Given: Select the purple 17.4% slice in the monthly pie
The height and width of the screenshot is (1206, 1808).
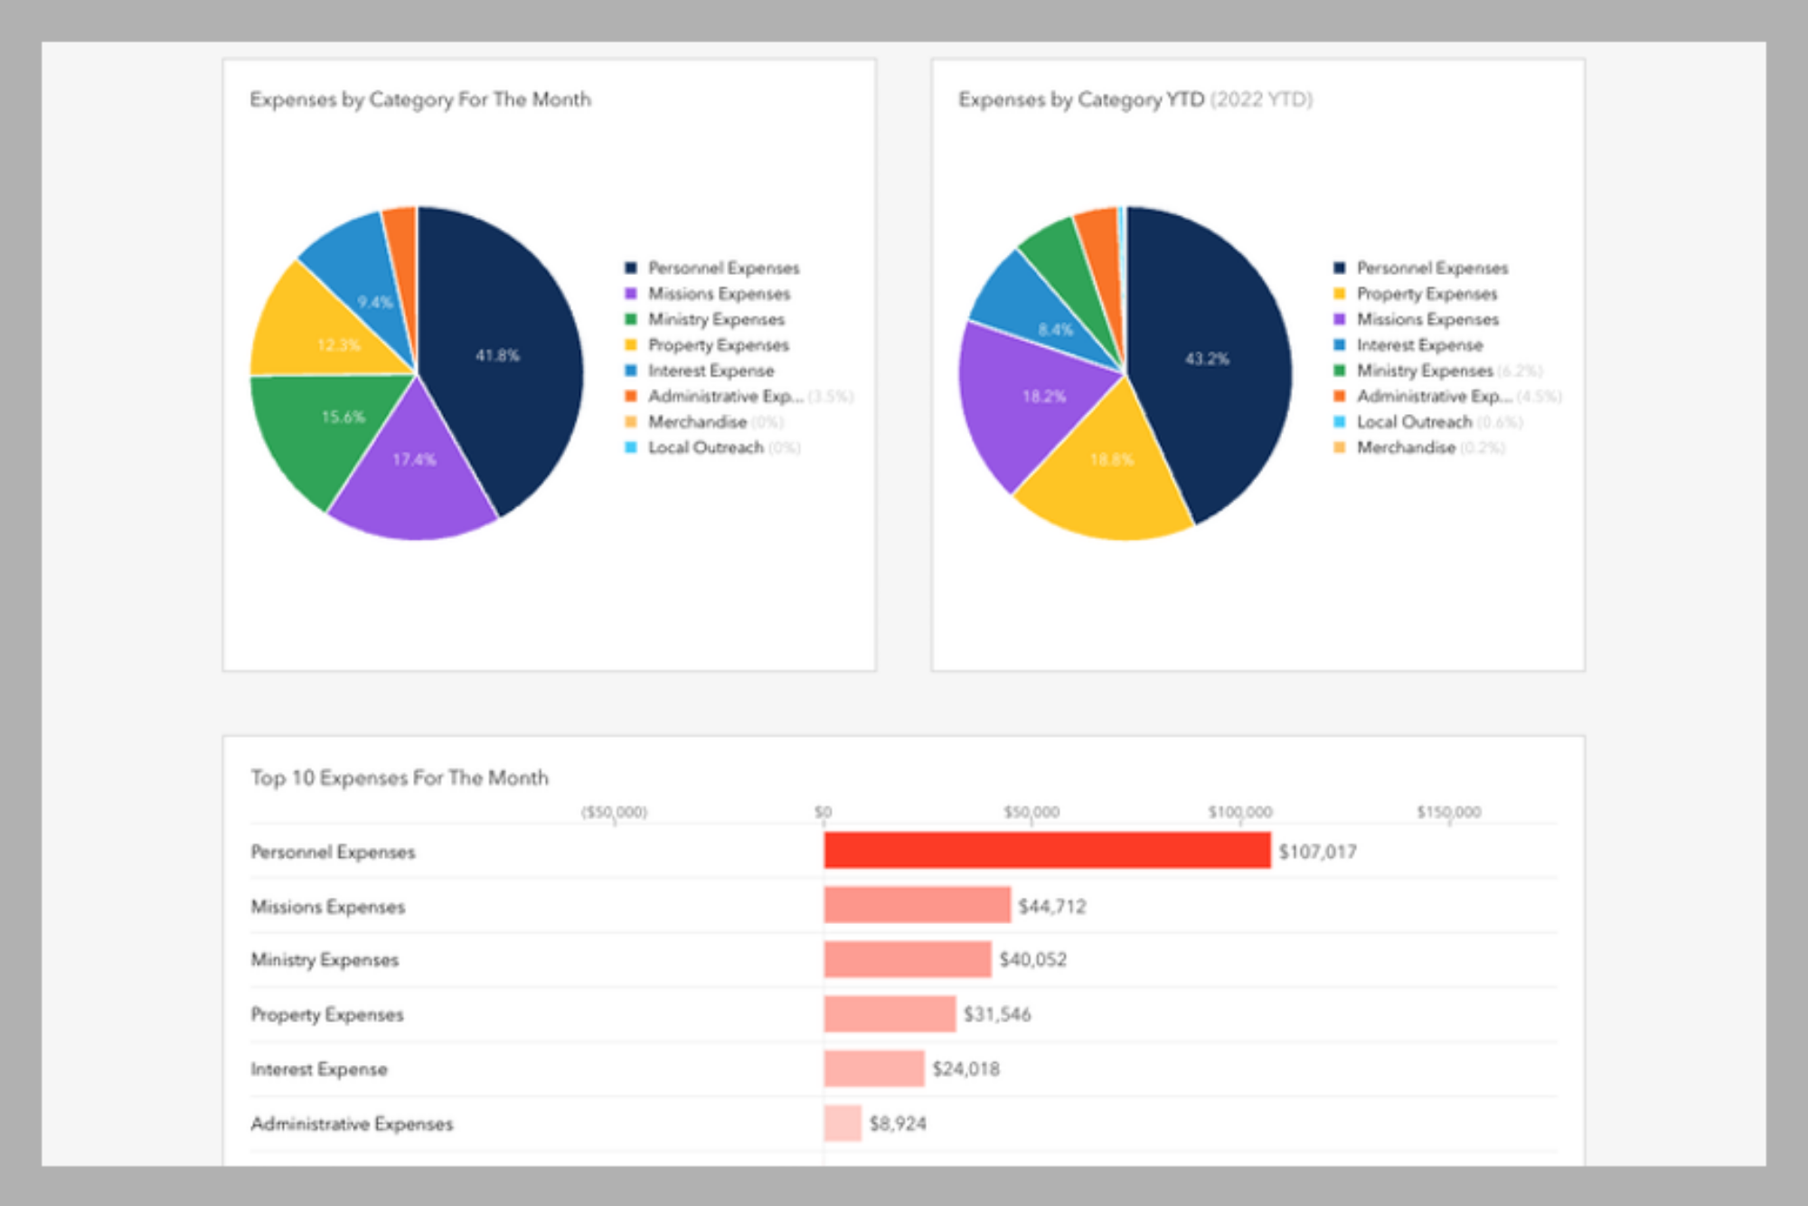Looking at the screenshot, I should (414, 470).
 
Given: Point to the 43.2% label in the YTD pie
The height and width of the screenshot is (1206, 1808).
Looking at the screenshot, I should (1207, 359).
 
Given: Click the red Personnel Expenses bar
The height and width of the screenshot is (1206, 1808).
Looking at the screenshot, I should (1047, 851).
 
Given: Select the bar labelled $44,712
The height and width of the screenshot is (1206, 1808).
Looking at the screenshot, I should (917, 905).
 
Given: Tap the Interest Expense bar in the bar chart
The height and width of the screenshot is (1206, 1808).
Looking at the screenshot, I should (873, 1069).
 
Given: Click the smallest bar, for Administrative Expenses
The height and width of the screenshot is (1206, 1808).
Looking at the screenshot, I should (843, 1124).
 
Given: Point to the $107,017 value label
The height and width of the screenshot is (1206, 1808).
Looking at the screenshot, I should (1317, 852).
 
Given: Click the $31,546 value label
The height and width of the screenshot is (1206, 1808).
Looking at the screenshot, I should (997, 1014).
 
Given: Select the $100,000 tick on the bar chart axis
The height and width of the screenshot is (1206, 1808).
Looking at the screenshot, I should (1239, 812).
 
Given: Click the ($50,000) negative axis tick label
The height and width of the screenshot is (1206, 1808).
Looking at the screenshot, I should (614, 812).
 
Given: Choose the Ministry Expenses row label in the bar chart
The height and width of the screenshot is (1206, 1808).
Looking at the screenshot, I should (325, 960).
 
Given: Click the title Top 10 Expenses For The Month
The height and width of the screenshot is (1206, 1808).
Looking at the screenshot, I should (400, 778).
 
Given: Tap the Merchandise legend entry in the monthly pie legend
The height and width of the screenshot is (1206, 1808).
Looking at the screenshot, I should (697, 422).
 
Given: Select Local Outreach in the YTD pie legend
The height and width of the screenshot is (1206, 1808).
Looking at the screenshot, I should (1414, 422).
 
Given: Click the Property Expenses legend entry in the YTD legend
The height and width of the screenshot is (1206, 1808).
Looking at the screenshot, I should (1427, 294).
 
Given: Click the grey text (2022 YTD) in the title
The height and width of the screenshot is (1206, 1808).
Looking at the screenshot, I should (1261, 99).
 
